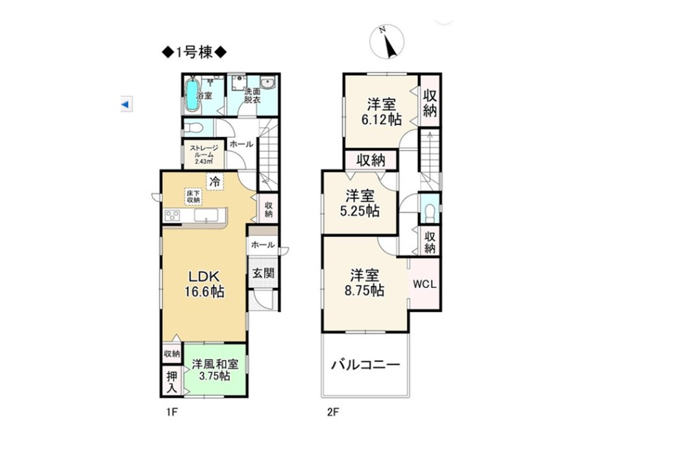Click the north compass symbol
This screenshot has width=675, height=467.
(x=387, y=42)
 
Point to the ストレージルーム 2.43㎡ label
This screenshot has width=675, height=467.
(x=204, y=154)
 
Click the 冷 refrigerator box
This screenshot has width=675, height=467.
(x=214, y=181)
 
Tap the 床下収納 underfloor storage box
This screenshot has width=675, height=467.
(x=193, y=197)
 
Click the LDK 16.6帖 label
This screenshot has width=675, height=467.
(x=204, y=284)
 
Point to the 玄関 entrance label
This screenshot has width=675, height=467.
(x=263, y=273)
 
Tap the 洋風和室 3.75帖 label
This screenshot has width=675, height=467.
(x=215, y=370)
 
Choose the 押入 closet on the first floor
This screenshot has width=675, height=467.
(x=172, y=382)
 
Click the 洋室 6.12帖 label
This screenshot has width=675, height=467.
(x=382, y=112)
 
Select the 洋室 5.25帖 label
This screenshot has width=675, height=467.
(x=360, y=204)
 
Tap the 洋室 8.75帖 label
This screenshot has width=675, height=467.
(x=364, y=283)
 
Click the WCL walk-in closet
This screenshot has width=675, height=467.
(x=424, y=284)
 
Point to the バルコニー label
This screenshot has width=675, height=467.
(x=365, y=365)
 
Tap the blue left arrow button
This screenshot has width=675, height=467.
(x=126, y=104)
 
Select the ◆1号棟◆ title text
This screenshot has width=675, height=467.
(x=194, y=53)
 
